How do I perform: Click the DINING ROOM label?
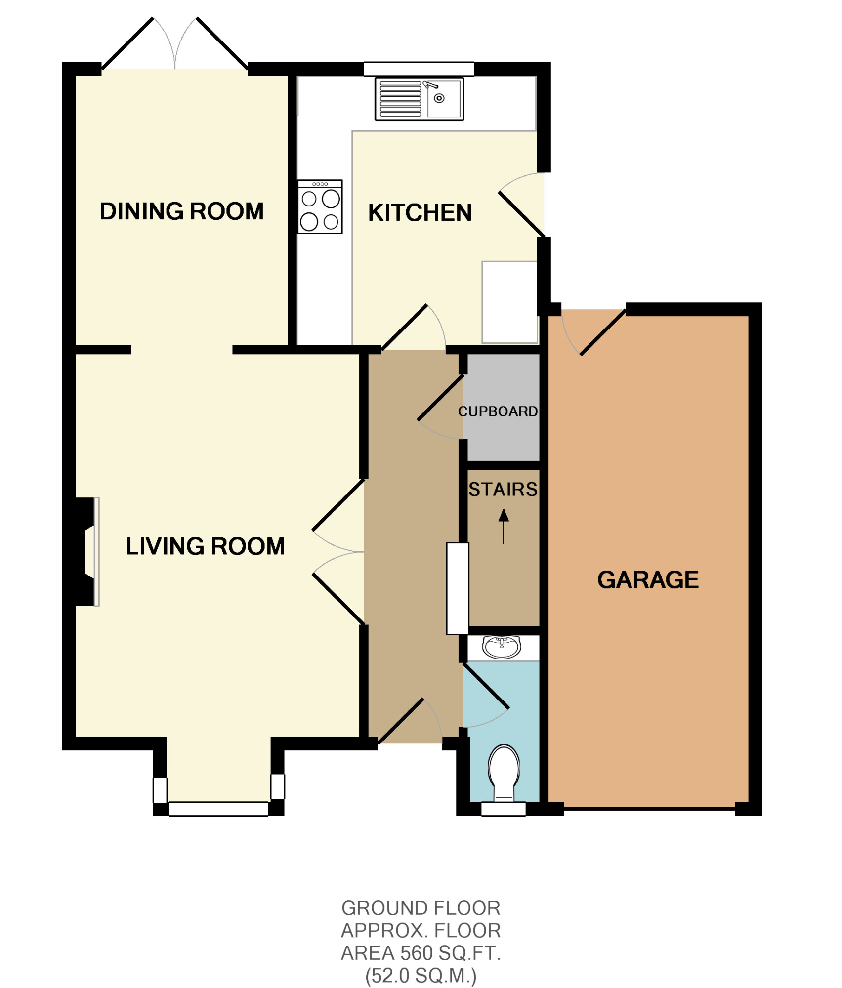(x=182, y=211)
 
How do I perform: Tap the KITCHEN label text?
(x=420, y=213)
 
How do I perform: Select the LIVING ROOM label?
(x=205, y=546)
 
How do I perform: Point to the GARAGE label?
(x=648, y=580)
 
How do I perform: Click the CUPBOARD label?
(x=498, y=412)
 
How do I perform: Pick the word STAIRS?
(x=503, y=490)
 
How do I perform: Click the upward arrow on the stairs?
(x=504, y=527)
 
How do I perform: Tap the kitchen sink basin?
(x=444, y=99)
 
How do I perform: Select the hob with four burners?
(x=320, y=207)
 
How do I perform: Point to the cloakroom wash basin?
(x=502, y=647)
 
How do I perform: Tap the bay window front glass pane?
(x=218, y=809)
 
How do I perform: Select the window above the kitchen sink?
(x=419, y=69)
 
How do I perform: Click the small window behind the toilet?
(x=504, y=809)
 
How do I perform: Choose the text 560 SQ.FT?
(x=451, y=953)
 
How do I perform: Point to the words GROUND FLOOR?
(x=421, y=908)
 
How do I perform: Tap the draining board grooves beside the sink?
(x=400, y=99)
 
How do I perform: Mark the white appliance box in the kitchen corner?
(x=509, y=302)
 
